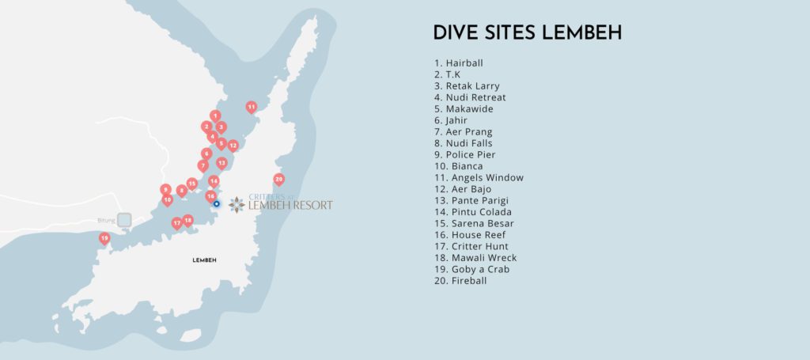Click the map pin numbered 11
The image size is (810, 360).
[x=251, y=106]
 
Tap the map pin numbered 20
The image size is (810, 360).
[x=278, y=179]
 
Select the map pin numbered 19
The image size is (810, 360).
[x=104, y=237]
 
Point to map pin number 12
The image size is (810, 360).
[x=233, y=146]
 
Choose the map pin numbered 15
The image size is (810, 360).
[x=191, y=183]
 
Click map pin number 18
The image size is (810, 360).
[x=187, y=220]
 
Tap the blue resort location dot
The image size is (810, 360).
[x=216, y=203]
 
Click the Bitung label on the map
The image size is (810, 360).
[x=105, y=219]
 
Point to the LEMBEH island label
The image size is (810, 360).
[x=204, y=260]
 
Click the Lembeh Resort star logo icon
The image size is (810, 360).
[x=237, y=205]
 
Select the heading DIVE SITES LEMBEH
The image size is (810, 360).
[x=527, y=33]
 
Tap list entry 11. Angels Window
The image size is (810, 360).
[x=478, y=178]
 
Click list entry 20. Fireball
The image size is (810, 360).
[x=460, y=281]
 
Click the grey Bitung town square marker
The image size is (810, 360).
[x=124, y=219]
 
